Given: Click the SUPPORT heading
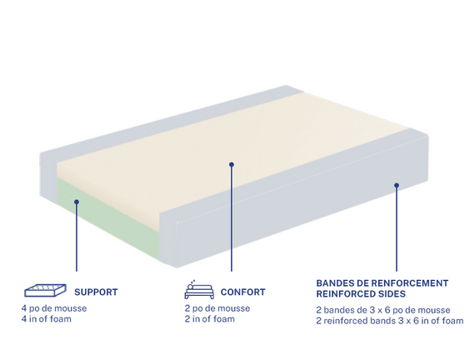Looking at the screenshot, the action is click(x=96, y=292).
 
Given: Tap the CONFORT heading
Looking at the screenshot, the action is click(x=243, y=292).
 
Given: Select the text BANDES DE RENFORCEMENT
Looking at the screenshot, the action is click(x=382, y=283).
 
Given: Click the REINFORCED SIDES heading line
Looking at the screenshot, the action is click(x=361, y=294).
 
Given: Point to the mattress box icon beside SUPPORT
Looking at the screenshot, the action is click(x=46, y=290).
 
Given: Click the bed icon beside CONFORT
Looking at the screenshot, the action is click(x=199, y=290).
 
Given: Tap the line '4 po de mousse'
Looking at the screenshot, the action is click(x=54, y=308).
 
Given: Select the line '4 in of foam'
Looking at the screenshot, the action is click(x=47, y=319).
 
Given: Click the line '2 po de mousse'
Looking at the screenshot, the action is click(x=217, y=308).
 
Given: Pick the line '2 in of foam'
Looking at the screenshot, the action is click(x=210, y=319).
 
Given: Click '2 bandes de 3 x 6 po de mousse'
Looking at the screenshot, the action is click(x=383, y=310).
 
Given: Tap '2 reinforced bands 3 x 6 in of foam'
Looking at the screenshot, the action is click(x=389, y=321).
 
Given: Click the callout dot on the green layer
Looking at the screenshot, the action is click(x=77, y=202).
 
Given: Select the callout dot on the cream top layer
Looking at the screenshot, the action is click(x=232, y=164).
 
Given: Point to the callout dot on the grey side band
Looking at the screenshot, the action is click(x=397, y=185).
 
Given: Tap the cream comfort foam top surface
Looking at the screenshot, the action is click(x=230, y=142).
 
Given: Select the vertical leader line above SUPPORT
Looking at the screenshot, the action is click(x=77, y=237).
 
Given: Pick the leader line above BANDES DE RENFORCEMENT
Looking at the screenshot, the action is click(x=397, y=229).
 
